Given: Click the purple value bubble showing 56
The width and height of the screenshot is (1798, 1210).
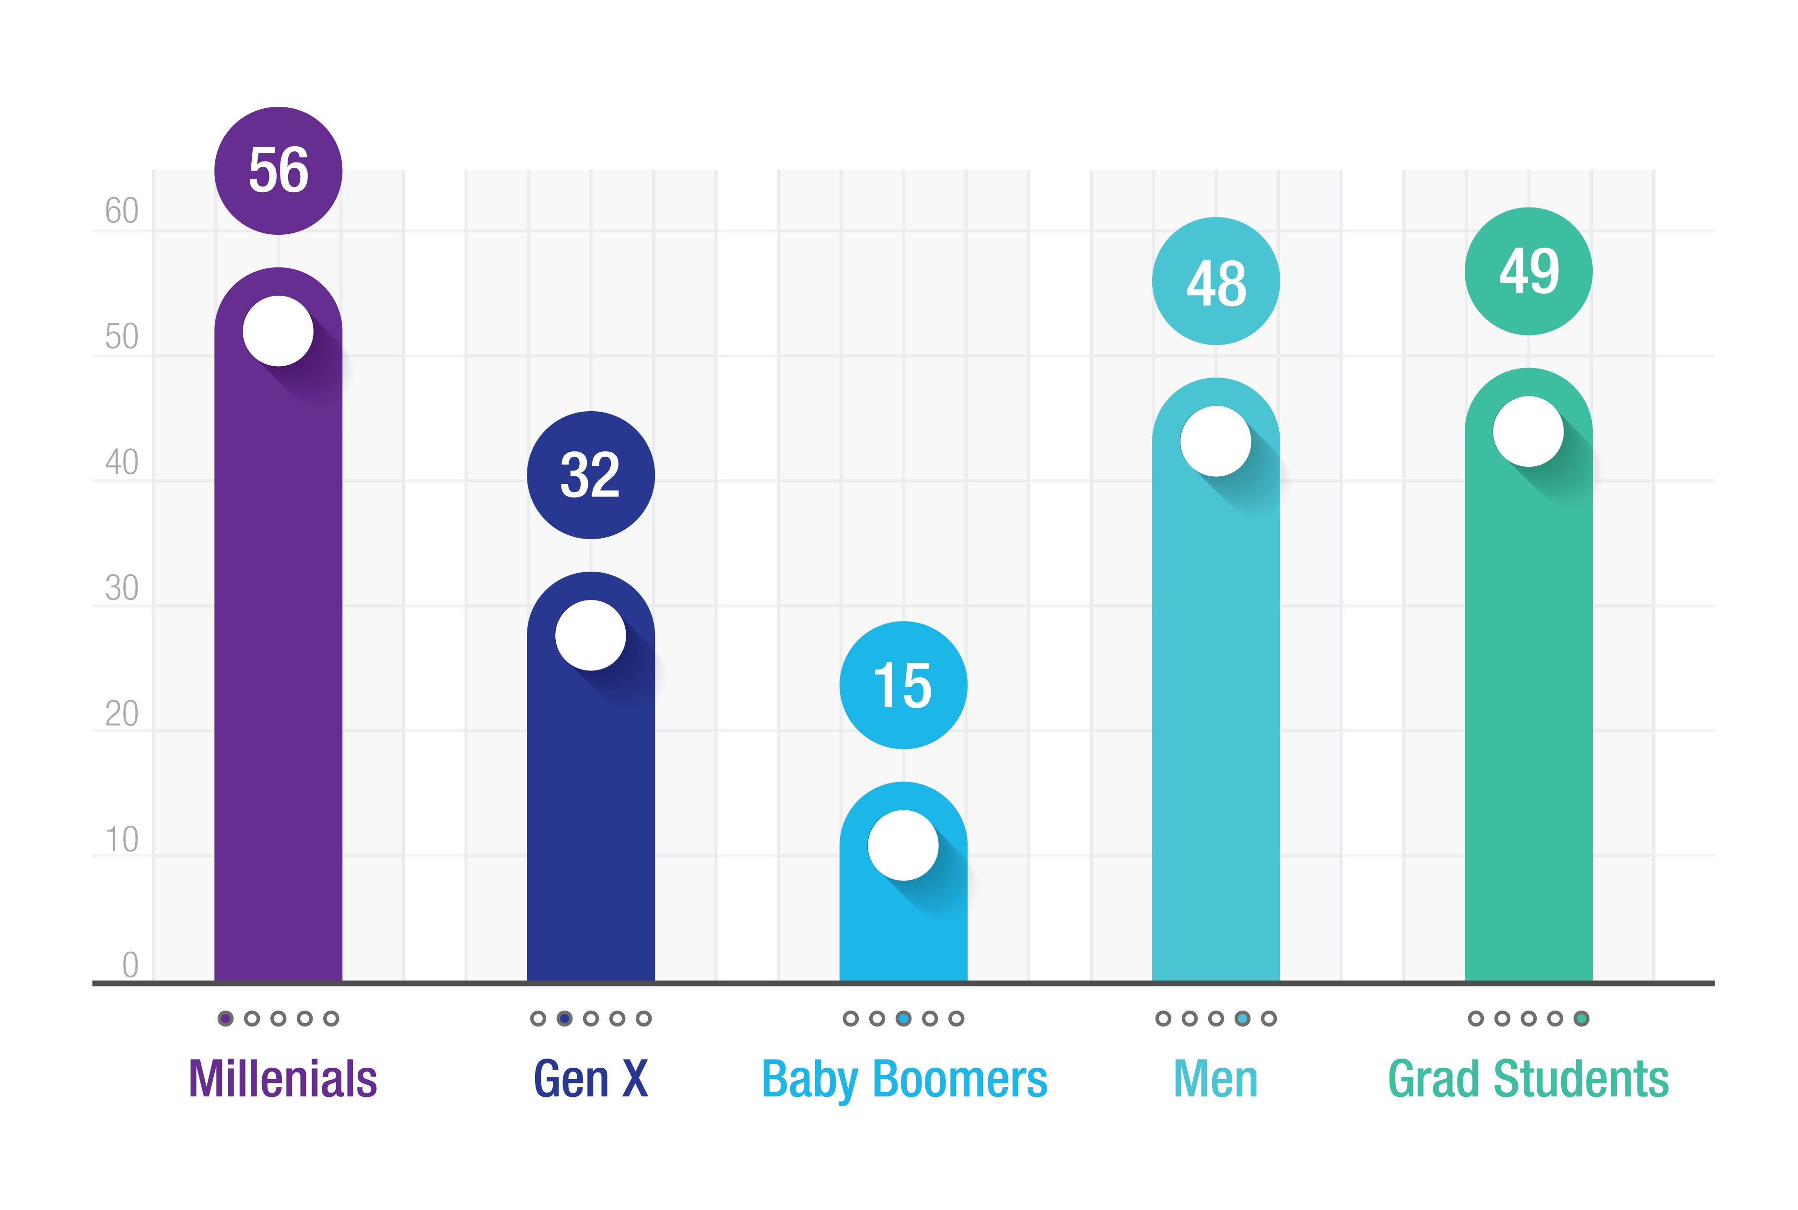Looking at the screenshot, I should (x=278, y=171).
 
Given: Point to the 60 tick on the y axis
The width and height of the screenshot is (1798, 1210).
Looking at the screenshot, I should (x=121, y=211).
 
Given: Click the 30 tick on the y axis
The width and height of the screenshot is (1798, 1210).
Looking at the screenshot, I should (x=121, y=588).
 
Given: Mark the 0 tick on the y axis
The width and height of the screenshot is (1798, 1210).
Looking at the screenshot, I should (x=130, y=965).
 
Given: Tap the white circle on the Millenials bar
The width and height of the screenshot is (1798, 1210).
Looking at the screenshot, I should (x=278, y=331).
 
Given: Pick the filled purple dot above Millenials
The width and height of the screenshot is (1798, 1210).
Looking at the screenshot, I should (x=225, y=1019).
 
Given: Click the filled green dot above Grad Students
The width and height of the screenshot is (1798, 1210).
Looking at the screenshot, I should (x=1581, y=1019).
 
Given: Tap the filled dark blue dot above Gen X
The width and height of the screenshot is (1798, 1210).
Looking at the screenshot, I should (x=564, y=1019).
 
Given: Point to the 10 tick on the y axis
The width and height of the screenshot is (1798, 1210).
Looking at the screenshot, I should (x=121, y=840).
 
